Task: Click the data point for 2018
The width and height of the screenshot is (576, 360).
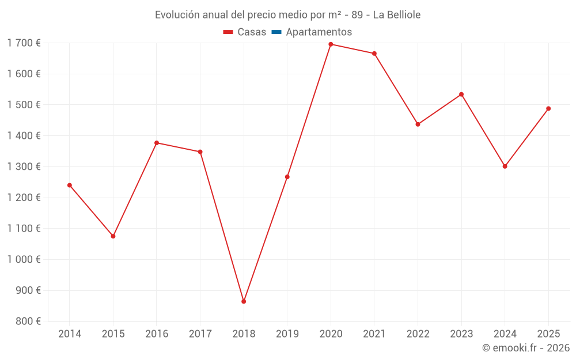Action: point(244,301)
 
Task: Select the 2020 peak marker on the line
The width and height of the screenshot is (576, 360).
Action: point(331,44)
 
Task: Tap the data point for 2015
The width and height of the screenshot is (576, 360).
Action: point(113,236)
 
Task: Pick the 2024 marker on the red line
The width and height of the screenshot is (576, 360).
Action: point(505,166)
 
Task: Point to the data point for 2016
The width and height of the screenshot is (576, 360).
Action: point(157,143)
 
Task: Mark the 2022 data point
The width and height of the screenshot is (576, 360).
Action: point(418,124)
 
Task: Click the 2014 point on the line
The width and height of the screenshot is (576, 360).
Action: point(70,185)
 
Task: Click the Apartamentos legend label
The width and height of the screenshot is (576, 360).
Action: point(319,32)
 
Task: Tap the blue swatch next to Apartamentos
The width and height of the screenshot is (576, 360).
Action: point(276,32)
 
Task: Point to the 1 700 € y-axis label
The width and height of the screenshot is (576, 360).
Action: point(24,43)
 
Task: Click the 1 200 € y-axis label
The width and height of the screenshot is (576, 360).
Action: point(24,198)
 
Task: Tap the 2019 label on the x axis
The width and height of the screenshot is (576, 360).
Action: point(287,334)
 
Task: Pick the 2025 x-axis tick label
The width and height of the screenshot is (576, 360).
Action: point(548,334)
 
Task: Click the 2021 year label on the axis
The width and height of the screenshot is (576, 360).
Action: point(374,334)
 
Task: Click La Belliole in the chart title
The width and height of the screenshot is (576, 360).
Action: point(397,15)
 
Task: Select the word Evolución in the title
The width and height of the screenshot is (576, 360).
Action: point(176,15)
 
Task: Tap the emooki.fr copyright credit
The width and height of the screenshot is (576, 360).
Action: point(526,348)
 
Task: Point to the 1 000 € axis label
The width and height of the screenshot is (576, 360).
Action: point(24,259)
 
